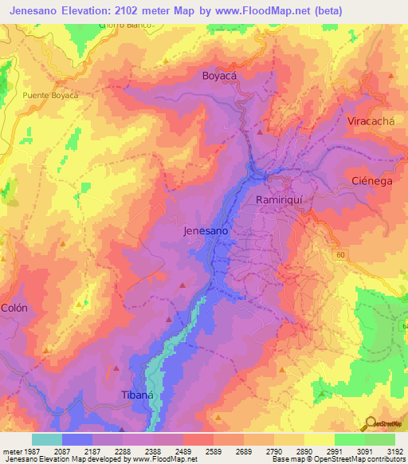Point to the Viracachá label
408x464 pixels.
coord(371,121)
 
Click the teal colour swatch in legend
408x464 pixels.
coord(46,439)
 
